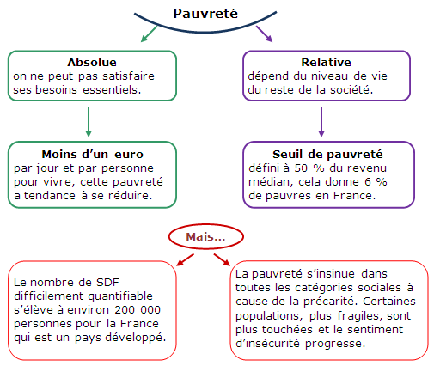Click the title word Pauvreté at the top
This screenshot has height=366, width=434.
pos(205,14)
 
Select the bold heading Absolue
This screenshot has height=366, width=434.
pos(92,62)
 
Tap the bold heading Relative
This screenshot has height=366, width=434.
pos(326,62)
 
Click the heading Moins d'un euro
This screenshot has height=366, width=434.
pos(92,154)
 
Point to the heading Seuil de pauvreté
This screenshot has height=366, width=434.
pos(327,154)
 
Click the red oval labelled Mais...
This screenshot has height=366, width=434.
pos(206,236)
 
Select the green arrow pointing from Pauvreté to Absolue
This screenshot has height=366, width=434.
pos(149,34)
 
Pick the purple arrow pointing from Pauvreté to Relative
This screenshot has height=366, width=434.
pos(264,34)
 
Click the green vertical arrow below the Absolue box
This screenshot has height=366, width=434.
pos(89,122)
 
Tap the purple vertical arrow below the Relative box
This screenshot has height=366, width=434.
pos(321,122)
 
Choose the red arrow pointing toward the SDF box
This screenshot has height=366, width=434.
pos(185,259)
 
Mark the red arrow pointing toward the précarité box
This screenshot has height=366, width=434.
pos(222,259)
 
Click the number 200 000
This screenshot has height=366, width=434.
pos(138,310)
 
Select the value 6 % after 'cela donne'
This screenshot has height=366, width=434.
pos(376,182)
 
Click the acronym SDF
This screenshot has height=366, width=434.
pos(107,283)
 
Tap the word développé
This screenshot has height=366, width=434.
pos(136,338)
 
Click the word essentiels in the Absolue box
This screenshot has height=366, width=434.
pos(112,90)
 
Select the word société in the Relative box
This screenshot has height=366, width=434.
pos(351,90)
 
